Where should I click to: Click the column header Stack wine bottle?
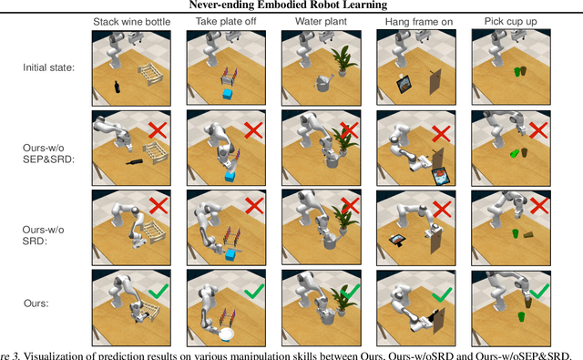tap(131, 22)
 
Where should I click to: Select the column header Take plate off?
tap(226, 22)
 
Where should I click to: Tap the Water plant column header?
tap(321, 22)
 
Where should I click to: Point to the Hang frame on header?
tap(419, 22)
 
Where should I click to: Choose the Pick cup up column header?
tap(510, 22)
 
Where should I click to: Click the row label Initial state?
tap(48, 67)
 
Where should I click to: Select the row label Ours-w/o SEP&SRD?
tap(48, 154)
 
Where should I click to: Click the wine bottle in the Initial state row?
tap(117, 87)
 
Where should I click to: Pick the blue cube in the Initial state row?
tap(228, 93)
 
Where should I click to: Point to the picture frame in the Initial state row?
tap(404, 84)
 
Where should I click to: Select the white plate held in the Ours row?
tap(227, 334)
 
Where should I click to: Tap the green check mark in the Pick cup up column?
tap(539, 291)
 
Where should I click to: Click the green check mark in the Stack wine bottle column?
tap(159, 291)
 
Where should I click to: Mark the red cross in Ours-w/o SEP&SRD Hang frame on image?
tap(441, 133)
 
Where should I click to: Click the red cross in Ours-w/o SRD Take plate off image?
tap(254, 205)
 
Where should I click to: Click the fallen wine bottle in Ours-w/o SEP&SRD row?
tap(134, 162)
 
